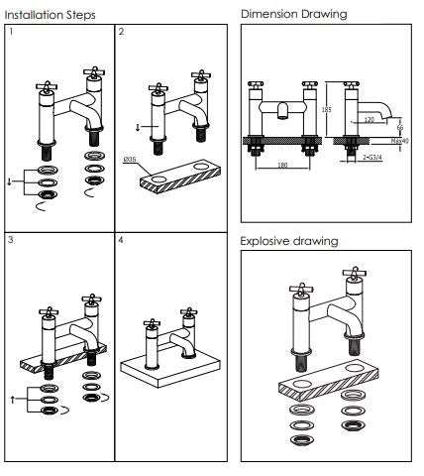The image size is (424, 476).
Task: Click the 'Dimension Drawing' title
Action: click(x=293, y=14)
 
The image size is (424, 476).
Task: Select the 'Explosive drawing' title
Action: click(x=288, y=241)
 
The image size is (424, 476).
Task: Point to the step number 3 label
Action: click(x=10, y=241)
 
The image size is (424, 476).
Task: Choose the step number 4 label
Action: click(x=122, y=241)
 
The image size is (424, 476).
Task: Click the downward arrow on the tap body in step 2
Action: click(x=138, y=128)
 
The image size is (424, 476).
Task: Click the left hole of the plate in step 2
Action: click(x=156, y=179)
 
